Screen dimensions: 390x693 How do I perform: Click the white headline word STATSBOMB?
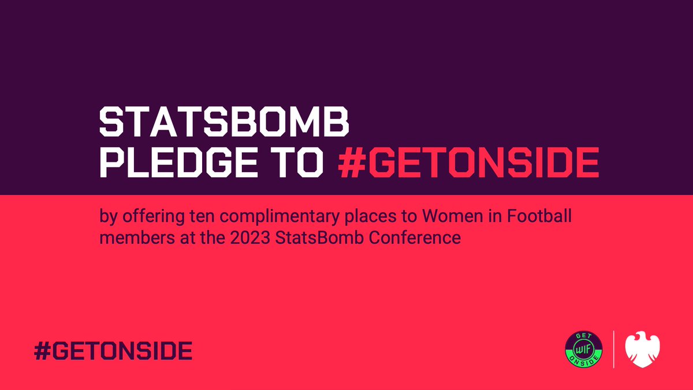click(x=225, y=124)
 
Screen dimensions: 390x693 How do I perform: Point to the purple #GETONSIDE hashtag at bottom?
click(x=113, y=351)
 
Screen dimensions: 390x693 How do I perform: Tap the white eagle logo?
click(x=643, y=350)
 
